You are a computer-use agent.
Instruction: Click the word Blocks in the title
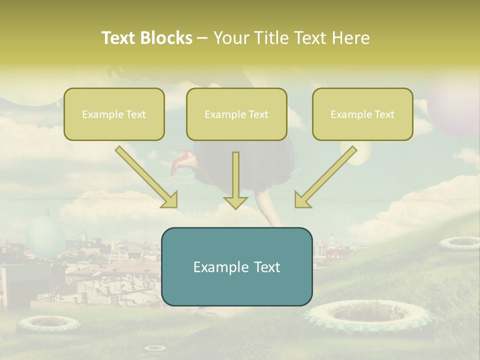pyautogui.click(x=167, y=38)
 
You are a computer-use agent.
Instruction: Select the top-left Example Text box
pyautogui.click(x=114, y=114)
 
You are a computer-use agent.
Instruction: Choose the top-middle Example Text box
pyautogui.click(x=236, y=114)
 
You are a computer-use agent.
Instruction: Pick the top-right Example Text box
pyautogui.click(x=362, y=114)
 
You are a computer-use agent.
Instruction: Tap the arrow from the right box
pyautogui.click(x=324, y=177)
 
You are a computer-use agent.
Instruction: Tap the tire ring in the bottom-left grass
pyautogui.click(x=48, y=323)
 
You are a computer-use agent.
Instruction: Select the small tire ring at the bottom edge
pyautogui.click(x=155, y=348)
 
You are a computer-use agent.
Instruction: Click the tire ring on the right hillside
pyautogui.click(x=459, y=242)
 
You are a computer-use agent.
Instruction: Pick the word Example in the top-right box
pyautogui.click(x=348, y=114)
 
